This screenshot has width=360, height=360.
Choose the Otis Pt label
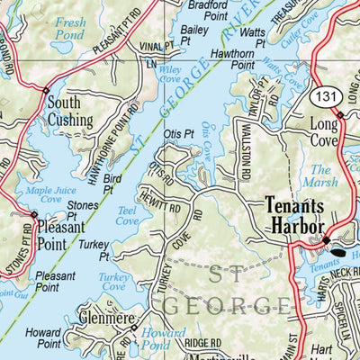click(179, 133)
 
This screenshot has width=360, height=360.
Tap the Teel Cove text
click(127, 215)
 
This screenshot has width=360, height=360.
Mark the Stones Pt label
click(84, 211)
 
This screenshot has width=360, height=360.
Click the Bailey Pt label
click(193, 35)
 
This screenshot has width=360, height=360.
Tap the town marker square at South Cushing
click(46, 89)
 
